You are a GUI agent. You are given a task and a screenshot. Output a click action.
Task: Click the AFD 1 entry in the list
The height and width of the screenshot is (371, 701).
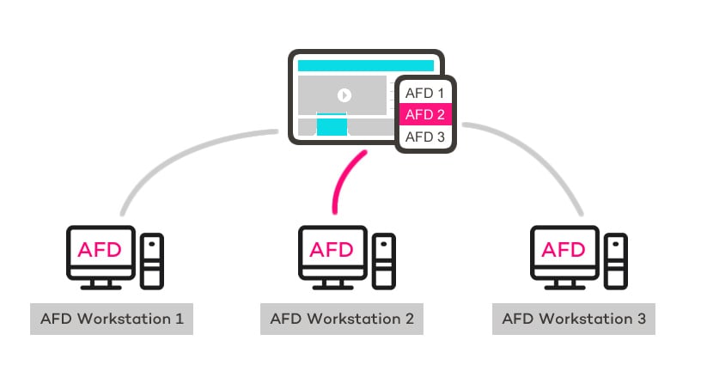coord(424,92)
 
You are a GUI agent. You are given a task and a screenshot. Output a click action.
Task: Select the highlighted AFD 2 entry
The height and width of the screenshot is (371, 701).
coord(424,114)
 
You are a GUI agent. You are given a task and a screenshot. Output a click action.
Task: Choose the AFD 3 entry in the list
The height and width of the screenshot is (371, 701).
coord(424,137)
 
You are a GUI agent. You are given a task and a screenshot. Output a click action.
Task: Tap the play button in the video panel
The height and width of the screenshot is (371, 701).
coord(344,95)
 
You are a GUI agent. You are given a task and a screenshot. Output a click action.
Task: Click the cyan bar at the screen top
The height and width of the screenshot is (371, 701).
coord(365,65)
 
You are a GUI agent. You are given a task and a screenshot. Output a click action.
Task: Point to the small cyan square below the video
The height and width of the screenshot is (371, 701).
coord(332,125)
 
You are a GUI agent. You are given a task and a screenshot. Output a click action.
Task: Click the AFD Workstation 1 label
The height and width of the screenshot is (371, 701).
coord(111,319)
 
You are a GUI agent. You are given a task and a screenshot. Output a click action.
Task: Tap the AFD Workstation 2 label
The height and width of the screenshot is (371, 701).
coord(342,319)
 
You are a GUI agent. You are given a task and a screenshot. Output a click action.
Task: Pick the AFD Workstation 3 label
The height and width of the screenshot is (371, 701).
coord(574,319)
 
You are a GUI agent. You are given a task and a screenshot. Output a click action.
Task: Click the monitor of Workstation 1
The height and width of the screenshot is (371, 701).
coord(101,251)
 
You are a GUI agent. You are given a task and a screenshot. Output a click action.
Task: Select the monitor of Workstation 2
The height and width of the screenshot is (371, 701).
coord(332,251)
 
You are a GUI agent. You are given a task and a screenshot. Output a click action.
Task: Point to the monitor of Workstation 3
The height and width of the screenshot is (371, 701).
coord(564,251)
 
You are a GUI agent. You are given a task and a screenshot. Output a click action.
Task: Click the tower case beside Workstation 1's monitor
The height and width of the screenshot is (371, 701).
coord(152,260)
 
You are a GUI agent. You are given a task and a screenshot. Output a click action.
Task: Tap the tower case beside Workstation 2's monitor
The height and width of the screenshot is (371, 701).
coord(384,260)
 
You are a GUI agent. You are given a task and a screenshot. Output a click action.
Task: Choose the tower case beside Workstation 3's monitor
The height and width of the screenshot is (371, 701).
coord(616,260)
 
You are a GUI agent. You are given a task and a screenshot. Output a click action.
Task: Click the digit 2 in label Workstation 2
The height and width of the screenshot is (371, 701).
coord(409,319)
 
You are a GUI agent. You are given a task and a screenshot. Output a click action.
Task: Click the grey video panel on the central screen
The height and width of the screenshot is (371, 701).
coord(344,95)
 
